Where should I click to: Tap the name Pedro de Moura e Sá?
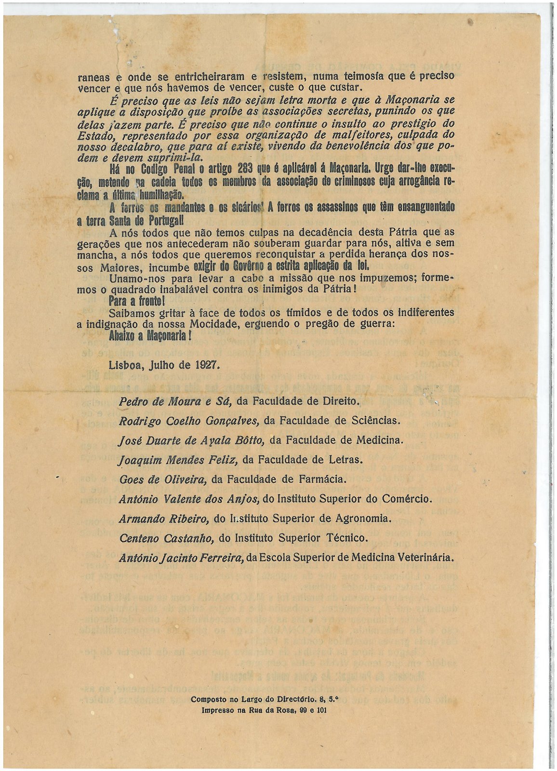click(x=176, y=400)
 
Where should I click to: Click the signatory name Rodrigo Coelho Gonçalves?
click(x=189, y=420)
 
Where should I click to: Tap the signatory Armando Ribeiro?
click(x=164, y=518)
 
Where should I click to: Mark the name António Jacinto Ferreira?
click(x=181, y=558)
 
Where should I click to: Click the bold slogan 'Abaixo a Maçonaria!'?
click(x=150, y=336)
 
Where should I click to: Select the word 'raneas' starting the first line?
click(x=93, y=77)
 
